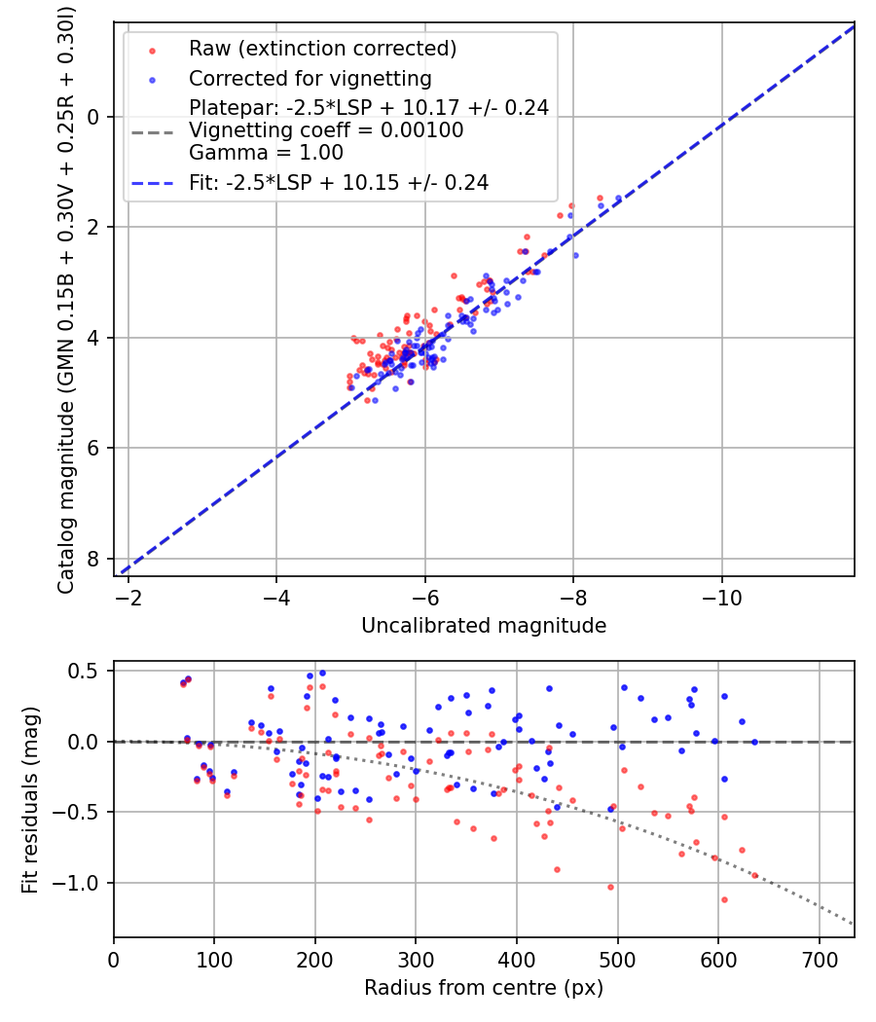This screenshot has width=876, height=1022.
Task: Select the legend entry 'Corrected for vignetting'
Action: click(310, 78)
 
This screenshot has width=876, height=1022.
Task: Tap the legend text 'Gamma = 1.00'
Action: click(266, 153)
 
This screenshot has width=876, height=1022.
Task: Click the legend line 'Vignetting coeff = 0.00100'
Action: click(326, 130)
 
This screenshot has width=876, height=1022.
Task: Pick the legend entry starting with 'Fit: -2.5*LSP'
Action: click(338, 182)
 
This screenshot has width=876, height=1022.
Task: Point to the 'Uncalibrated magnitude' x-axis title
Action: click(484, 626)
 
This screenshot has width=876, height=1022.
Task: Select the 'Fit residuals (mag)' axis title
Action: click(30, 799)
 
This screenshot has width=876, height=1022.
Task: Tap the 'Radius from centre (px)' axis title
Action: click(484, 988)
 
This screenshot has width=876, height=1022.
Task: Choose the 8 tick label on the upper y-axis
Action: click(94, 559)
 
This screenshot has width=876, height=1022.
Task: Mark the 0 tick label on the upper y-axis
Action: click(94, 117)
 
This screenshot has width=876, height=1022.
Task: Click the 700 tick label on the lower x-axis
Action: click(819, 958)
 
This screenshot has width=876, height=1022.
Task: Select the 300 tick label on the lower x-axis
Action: click(416, 958)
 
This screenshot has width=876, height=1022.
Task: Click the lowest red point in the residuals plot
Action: click(724, 899)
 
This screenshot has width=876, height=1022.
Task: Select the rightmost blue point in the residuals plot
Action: click(754, 742)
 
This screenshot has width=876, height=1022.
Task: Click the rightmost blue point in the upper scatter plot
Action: click(618, 199)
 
